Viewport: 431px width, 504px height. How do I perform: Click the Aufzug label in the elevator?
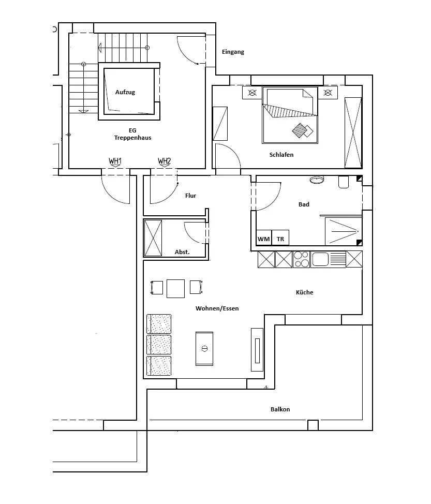pyautogui.click(x=125, y=92)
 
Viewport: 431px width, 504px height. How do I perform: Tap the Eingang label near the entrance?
pyautogui.click(x=233, y=52)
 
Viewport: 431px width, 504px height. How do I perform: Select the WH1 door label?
pyautogui.click(x=115, y=161)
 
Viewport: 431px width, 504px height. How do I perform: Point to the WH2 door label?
pyautogui.click(x=165, y=161)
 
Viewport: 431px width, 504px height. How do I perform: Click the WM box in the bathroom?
pyautogui.click(x=263, y=239)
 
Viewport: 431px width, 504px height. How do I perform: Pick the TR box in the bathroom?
pyautogui.click(x=280, y=239)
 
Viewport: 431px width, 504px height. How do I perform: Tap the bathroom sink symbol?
pyautogui.click(x=316, y=180)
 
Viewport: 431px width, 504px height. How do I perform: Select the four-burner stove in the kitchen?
pyautogui.click(x=301, y=259)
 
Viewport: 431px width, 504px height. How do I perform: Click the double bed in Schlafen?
pyautogui.click(x=290, y=115)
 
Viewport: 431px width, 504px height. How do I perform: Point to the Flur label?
pyautogui.click(x=191, y=196)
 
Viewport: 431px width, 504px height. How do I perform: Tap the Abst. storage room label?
pyautogui.click(x=182, y=252)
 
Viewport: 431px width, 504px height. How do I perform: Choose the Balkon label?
pyautogui.click(x=280, y=409)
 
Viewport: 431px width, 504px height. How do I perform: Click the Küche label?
pyautogui.click(x=304, y=292)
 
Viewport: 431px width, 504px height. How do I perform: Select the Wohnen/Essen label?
pyautogui.click(x=217, y=308)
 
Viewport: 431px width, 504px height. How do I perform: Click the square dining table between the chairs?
pyautogui.click(x=176, y=288)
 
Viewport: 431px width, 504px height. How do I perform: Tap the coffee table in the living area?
pyautogui.click(x=204, y=348)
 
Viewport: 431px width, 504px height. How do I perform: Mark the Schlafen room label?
pyautogui.click(x=281, y=155)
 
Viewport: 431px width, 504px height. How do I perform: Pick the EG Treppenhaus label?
pyautogui.click(x=133, y=134)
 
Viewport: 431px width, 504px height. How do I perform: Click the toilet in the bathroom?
pyautogui.click(x=344, y=182)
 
